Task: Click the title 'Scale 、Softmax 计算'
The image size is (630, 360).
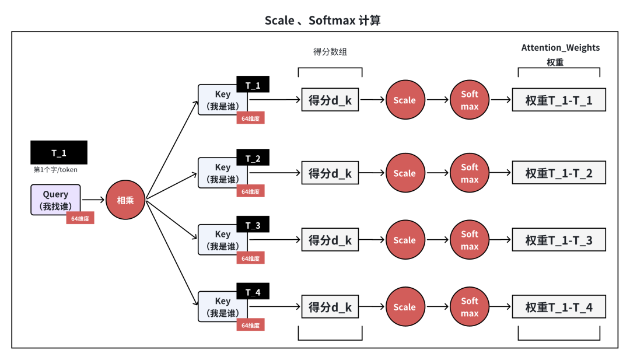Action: tap(323, 20)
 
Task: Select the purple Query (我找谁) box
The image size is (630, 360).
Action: tap(55, 200)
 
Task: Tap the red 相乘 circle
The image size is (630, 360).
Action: tap(125, 200)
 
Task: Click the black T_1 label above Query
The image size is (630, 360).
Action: tap(59, 153)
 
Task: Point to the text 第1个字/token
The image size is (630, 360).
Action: tap(55, 170)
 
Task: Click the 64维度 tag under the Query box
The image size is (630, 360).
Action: tap(80, 218)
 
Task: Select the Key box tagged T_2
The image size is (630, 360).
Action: tap(222, 173)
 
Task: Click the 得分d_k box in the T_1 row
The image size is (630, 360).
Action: tap(330, 100)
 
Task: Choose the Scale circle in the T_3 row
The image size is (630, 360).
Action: tap(404, 240)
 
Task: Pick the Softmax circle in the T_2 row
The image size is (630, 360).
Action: tap(470, 173)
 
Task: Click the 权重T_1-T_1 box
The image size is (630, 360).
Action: tap(559, 100)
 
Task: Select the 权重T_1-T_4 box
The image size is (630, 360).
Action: tap(559, 307)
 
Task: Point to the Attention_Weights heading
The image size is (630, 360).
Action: tap(560, 48)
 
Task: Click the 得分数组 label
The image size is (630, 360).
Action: tap(330, 52)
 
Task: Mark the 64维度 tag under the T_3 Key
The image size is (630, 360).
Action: tap(250, 258)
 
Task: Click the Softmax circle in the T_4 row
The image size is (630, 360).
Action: tap(470, 307)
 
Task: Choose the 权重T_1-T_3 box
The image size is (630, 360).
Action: tap(559, 240)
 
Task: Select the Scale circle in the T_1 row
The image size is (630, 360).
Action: tap(404, 100)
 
